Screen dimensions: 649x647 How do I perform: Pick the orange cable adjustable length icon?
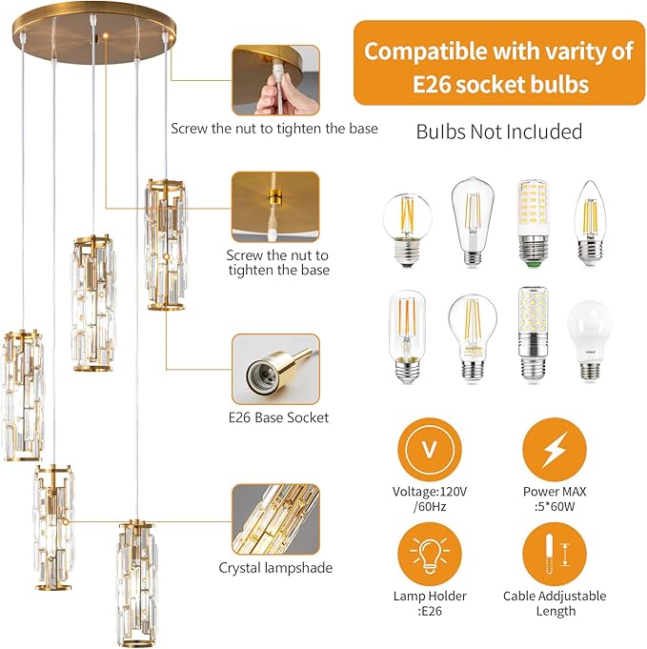click(554, 557)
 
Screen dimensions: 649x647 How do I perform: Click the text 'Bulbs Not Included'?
click(498, 132)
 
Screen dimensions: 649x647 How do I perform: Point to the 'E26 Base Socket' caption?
click(279, 417)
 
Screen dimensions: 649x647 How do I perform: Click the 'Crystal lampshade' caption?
click(275, 568)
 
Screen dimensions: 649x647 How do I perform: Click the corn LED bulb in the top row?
click(534, 220)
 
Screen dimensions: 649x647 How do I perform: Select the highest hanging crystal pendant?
click(166, 243)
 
